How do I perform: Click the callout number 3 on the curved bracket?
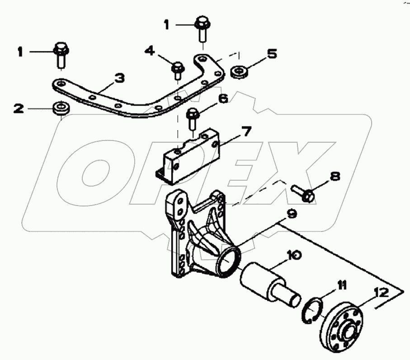119,79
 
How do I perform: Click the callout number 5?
271,54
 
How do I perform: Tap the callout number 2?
18,108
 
